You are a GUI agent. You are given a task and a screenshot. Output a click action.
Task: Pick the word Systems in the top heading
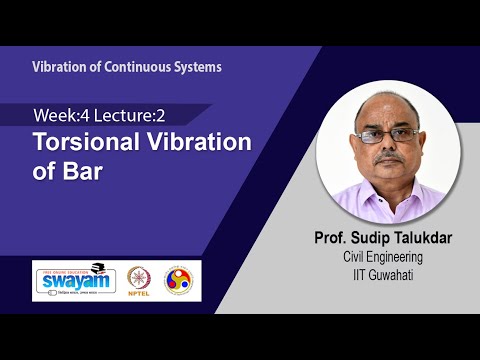195,67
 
